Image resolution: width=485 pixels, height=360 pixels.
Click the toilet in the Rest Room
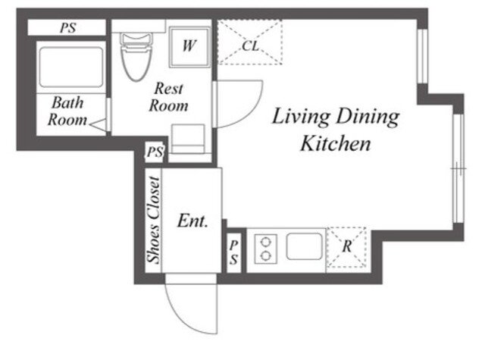pyautogui.click(x=136, y=57)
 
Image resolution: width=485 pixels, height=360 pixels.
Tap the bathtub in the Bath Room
pyautogui.click(x=70, y=67)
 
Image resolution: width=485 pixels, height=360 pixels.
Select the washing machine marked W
pyautogui.click(x=189, y=47)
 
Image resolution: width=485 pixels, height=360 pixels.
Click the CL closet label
pyautogui.click(x=250, y=46)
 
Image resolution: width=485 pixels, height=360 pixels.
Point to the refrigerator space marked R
pyautogui.click(x=347, y=247)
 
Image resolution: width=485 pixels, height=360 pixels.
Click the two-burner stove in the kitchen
pyautogui.click(x=266, y=249)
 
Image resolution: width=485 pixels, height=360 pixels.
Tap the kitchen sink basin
pyautogui.click(x=305, y=246)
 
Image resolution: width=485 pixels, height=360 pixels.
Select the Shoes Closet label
pyautogui.click(x=154, y=220)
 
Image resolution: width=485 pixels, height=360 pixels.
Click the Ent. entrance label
pyautogui.click(x=192, y=221)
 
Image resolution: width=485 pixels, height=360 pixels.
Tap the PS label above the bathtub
pyautogui.click(x=68, y=28)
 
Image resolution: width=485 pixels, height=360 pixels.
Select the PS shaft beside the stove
pyautogui.click(x=234, y=253)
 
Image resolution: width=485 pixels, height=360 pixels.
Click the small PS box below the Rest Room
pyautogui.click(x=155, y=152)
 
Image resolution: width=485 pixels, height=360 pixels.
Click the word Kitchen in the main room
pyautogui.click(x=336, y=143)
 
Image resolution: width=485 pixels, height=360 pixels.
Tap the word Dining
pyautogui.click(x=368, y=117)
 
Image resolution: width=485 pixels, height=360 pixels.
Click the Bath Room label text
pyautogui.click(x=67, y=111)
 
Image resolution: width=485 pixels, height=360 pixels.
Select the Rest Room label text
pyautogui.click(x=168, y=97)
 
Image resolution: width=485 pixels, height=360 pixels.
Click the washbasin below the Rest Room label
pyautogui.click(x=188, y=139)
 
